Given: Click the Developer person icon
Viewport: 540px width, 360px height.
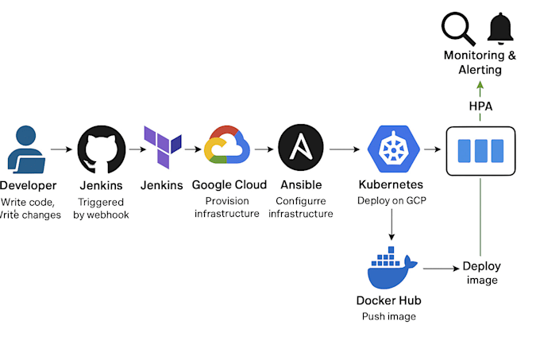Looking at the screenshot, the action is pos(26,149).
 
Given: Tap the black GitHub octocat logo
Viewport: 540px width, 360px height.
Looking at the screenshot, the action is pos(102,149).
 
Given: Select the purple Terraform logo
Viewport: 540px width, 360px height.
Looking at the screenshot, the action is pos(163,147).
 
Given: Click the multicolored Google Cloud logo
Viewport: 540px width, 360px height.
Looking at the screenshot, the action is pos(226,145).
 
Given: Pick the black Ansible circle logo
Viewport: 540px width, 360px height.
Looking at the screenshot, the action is pos(301,148).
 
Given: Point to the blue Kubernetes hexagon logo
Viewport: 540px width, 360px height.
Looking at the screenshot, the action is pos(394,149).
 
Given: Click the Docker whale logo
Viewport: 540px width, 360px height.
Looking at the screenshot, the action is pos(392,268).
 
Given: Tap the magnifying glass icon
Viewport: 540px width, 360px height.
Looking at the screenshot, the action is pos(459,29).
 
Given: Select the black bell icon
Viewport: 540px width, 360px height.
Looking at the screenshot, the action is pos(500,29).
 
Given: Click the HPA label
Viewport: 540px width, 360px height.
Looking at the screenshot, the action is pos(480,106).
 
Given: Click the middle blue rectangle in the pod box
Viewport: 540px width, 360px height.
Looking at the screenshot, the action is pos(480,150).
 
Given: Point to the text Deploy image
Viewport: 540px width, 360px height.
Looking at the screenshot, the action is pos(481,273).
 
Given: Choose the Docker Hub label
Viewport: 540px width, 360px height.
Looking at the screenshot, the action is pos(389,300).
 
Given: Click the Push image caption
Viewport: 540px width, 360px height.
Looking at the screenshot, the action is pos(389,316).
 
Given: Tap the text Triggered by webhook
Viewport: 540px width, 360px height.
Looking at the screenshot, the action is pos(101,208).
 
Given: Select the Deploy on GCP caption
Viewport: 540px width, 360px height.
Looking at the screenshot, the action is pos(391,200).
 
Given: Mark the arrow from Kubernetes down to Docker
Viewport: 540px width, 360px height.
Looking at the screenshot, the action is pos(391,224).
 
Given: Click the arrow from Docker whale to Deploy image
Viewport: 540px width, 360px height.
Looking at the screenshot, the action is pos(442,268).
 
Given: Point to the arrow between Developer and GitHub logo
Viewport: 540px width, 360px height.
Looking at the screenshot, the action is pos(61,149).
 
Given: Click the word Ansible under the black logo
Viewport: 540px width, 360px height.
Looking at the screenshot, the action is pos(301,184).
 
